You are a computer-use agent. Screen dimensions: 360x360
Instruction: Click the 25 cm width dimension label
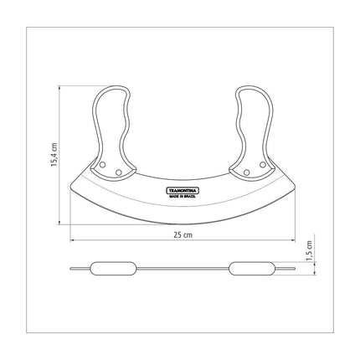click(x=183, y=234)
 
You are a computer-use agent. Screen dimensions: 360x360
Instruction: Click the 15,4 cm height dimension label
click(x=54, y=155)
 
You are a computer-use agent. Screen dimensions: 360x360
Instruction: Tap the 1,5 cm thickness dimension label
click(x=310, y=251)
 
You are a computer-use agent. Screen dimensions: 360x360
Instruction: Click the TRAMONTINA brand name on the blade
click(x=183, y=191)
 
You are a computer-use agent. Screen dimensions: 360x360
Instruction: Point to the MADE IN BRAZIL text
click(x=183, y=197)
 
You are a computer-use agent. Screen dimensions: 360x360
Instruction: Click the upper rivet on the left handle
click(x=102, y=165)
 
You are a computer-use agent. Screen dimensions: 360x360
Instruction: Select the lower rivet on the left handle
click(x=119, y=172)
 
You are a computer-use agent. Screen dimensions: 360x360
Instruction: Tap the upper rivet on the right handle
click(x=262, y=165)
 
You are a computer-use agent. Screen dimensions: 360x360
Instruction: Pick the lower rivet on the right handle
click(x=246, y=172)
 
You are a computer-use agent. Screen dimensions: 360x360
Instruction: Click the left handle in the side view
click(x=113, y=269)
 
